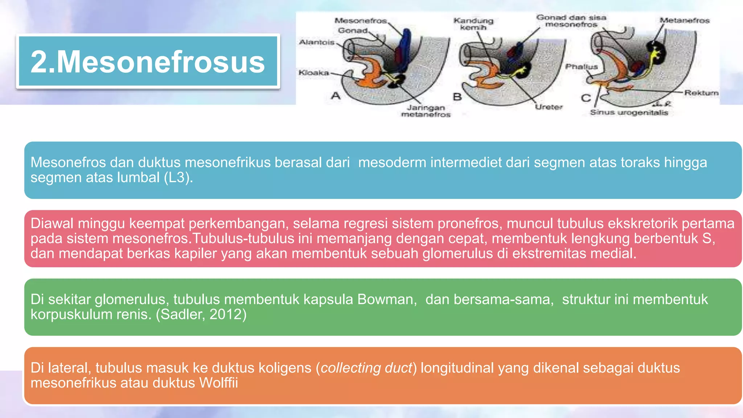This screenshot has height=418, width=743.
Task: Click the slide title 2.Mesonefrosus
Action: pos(148,62)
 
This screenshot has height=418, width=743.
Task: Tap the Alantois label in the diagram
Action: pos(316,42)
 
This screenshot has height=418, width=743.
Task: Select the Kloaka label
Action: pos(314,73)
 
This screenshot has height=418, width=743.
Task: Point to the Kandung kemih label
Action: pos(473,24)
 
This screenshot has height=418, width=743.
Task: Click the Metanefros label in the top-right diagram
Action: pos(684,21)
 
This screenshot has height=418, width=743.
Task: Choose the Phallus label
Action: pos(581,67)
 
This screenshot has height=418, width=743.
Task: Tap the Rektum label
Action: pos(701,93)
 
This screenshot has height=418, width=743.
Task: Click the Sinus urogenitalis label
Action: pos(629,112)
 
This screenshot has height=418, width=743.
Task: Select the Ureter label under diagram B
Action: pos(549,107)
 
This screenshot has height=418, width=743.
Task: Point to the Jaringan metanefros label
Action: pos(426,111)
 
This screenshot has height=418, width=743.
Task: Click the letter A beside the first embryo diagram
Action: pos(336,96)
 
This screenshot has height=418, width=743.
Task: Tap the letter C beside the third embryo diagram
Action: pos(586,98)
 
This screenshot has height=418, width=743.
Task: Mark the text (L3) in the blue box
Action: pos(178,177)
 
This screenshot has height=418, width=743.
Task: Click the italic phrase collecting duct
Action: pos(366,368)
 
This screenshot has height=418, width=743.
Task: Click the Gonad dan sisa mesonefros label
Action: pos(571,21)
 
